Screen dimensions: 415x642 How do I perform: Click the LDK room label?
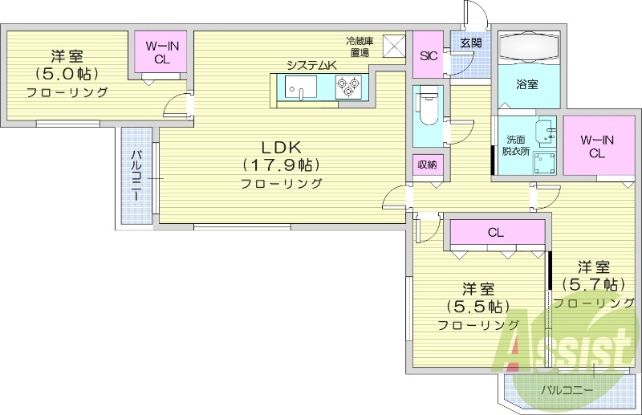pyautogui.click(x=281, y=148)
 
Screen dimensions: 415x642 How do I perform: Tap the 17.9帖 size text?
pyautogui.click(x=281, y=165)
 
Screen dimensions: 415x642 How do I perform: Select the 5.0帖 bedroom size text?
pyautogui.click(x=67, y=74)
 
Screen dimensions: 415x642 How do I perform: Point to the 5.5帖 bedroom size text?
pyautogui.click(x=478, y=307)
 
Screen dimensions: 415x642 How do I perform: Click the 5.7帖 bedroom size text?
pyautogui.click(x=593, y=284)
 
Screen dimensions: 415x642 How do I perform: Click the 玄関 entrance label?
pyautogui.click(x=470, y=43)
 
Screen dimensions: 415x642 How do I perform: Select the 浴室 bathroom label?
pyautogui.click(x=526, y=83)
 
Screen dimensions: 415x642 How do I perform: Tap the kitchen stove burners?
pyautogui.click(x=349, y=86)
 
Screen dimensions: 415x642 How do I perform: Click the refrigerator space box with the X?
pyautogui.click(x=393, y=46)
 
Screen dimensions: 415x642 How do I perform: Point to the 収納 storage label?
pyautogui.click(x=427, y=165)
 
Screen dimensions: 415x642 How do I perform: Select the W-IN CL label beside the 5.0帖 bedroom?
pyautogui.click(x=160, y=52)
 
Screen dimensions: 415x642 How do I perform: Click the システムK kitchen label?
pyautogui.click(x=312, y=65)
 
